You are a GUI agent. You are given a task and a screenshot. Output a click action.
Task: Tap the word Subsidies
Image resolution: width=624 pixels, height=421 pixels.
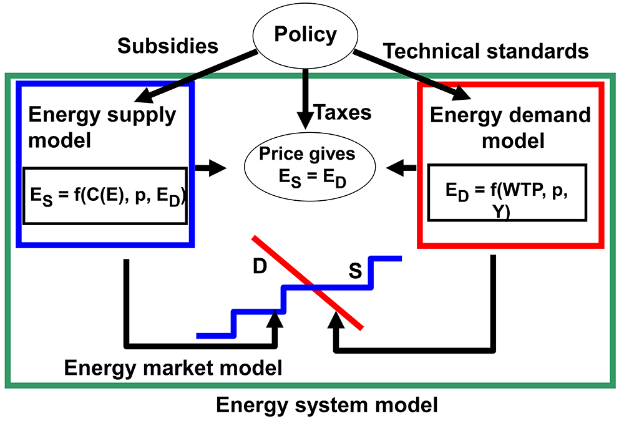click(x=167, y=46)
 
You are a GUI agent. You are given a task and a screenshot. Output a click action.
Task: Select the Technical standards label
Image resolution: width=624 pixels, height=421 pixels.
click(x=485, y=51)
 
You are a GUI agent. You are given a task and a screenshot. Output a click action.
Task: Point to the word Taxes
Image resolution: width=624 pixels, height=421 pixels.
click(x=343, y=112)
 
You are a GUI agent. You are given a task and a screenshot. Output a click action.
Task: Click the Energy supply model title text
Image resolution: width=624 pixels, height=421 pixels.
click(x=102, y=127)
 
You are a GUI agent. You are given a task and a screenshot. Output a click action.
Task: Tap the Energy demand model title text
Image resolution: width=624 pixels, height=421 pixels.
click(x=510, y=128)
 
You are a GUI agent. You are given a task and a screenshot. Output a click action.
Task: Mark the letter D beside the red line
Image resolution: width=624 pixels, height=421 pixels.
click(x=260, y=266)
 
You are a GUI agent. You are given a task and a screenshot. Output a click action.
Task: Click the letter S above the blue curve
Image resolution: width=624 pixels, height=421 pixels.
click(x=355, y=271)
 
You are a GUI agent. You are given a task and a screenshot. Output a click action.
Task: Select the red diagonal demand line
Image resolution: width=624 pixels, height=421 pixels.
click(x=308, y=283)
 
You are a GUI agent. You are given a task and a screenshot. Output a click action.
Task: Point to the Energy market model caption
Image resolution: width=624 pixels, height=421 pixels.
click(x=173, y=368)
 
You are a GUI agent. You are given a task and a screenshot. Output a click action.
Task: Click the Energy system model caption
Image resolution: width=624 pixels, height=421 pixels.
click(x=327, y=405)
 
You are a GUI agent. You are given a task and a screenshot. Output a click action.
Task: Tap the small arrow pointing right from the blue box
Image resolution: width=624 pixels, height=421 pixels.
click(x=210, y=168)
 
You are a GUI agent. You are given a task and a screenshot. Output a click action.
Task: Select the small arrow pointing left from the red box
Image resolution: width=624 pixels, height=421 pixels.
click(x=401, y=168)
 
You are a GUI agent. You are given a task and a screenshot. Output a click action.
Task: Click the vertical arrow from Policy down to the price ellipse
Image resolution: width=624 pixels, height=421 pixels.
click(x=305, y=99)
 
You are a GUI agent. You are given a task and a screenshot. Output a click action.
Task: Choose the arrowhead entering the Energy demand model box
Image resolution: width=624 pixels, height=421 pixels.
click(x=462, y=93)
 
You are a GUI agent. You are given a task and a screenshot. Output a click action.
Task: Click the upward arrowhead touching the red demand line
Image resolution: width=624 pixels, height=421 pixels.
click(x=336, y=319)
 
